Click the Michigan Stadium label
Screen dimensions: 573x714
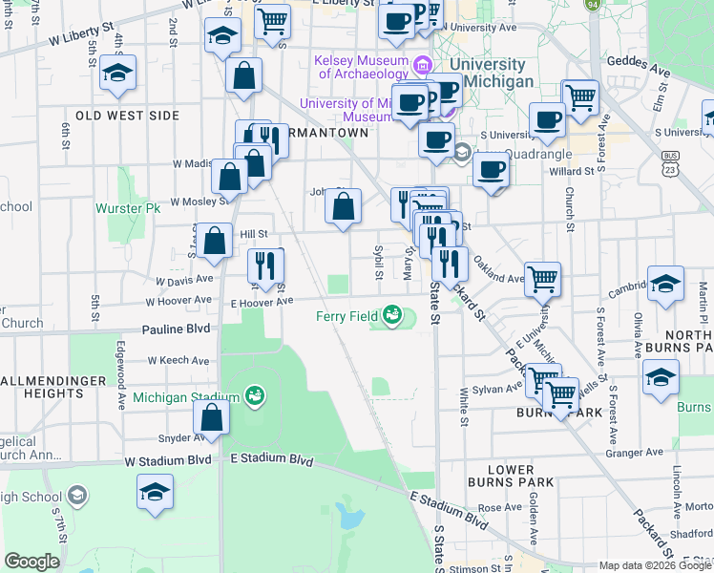186,397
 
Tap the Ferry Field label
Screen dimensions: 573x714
348,315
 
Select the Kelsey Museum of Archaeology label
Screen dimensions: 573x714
361,66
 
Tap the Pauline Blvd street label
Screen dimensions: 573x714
176,329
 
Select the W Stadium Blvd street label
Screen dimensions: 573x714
168,460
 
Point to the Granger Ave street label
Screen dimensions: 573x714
640,452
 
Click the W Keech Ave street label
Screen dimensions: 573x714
178,361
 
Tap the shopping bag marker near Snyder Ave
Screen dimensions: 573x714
211,417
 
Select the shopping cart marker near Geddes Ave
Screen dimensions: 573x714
579,96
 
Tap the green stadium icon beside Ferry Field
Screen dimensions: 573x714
392,314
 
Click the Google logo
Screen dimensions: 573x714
32,562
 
